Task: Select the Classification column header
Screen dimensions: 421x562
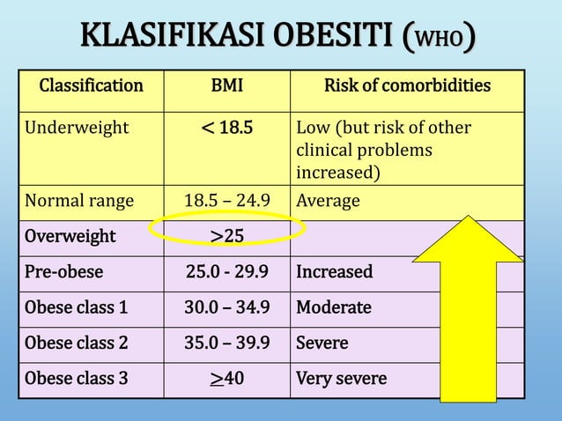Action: tap(91, 86)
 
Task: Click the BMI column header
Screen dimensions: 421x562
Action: tap(227, 86)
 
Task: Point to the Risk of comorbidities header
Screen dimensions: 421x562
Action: tap(407, 86)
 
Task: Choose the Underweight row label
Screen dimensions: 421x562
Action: tap(76, 128)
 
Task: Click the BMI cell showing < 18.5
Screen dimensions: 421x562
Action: tap(227, 128)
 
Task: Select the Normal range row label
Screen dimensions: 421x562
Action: tap(79, 201)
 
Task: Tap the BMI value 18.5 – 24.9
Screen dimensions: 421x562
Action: tap(227, 201)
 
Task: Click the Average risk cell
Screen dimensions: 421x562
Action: tap(328, 201)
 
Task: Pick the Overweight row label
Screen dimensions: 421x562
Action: tap(70, 236)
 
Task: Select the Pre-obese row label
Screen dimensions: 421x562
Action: tap(63, 271)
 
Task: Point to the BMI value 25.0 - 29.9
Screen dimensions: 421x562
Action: tap(227, 271)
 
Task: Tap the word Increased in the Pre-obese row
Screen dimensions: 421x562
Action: tap(334, 271)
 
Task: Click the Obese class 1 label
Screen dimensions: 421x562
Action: tap(76, 307)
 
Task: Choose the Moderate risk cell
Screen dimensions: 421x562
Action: tap(334, 307)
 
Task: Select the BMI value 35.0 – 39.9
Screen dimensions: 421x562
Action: tap(227, 343)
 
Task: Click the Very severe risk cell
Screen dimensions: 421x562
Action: tap(341, 379)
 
